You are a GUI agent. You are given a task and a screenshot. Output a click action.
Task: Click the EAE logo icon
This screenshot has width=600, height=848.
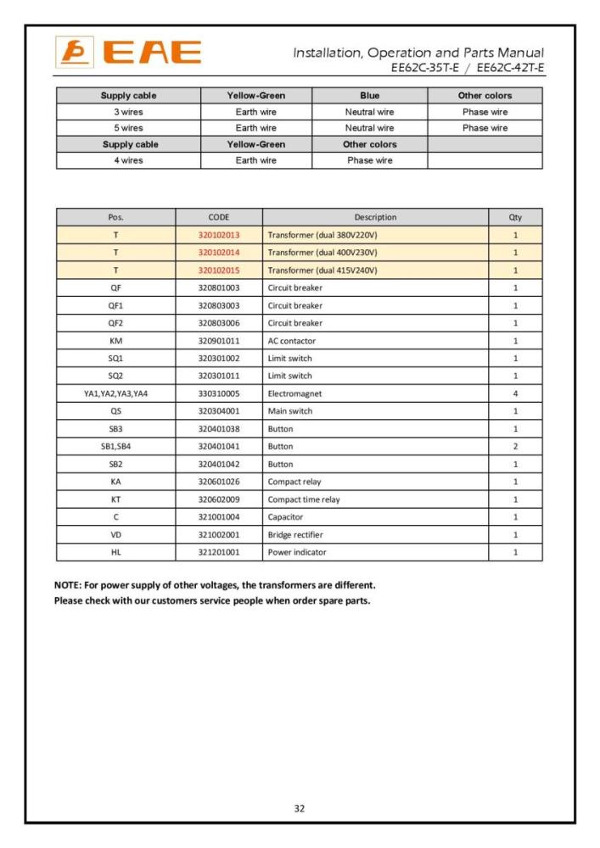[x=70, y=53]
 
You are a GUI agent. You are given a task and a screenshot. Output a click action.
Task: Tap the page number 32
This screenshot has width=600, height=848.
[x=300, y=808]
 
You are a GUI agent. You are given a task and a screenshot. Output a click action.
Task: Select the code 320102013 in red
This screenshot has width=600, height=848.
[x=219, y=235]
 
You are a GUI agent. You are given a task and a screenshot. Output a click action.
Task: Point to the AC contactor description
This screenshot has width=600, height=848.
[x=292, y=341]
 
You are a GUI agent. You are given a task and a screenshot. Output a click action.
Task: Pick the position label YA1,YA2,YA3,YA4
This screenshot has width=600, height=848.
[x=115, y=393]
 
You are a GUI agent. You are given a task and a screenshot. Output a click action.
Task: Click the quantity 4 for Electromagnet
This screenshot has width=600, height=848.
[x=515, y=393]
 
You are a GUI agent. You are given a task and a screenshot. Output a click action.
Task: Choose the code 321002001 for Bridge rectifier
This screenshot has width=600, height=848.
[x=219, y=534]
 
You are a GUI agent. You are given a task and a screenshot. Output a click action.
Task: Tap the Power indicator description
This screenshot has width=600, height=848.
[x=297, y=552]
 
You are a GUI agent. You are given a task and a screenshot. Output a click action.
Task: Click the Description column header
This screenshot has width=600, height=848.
[x=375, y=217]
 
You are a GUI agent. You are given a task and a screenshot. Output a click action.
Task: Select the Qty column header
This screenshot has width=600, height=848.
[x=515, y=217]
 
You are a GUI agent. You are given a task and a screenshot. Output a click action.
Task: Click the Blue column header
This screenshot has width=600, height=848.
[x=369, y=96]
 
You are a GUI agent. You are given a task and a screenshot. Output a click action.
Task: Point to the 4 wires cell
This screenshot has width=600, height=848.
[x=128, y=160]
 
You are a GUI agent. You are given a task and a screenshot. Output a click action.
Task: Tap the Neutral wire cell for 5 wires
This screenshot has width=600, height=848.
[x=369, y=128]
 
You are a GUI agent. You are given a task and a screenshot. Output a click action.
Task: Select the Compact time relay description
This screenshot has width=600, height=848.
[x=304, y=499]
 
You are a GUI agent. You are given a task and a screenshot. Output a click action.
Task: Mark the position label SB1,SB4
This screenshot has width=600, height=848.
[x=115, y=446]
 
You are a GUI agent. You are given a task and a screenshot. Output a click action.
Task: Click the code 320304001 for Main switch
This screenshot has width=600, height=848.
[x=219, y=411]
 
